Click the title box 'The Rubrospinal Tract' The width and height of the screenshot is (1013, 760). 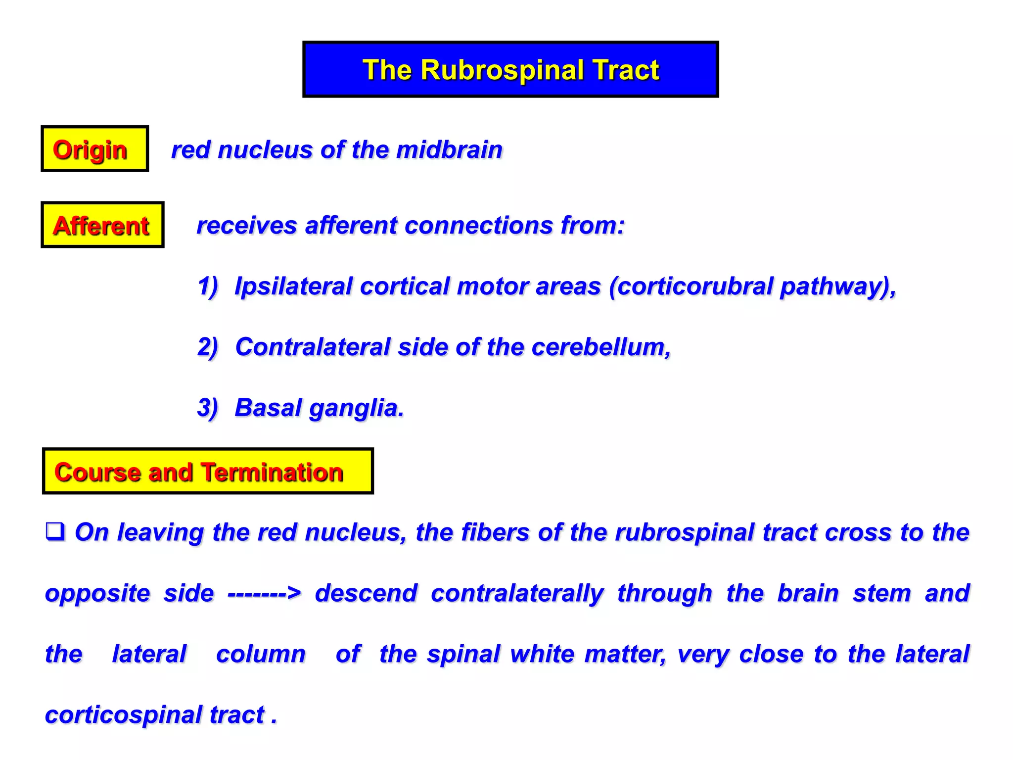click(x=510, y=69)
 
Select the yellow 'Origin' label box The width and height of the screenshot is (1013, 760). click(x=94, y=149)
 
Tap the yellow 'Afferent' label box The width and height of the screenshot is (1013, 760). click(x=102, y=225)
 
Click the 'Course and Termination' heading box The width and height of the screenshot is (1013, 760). click(x=208, y=472)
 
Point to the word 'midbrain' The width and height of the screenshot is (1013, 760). click(x=449, y=150)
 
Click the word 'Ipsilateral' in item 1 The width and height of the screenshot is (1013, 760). click(x=293, y=286)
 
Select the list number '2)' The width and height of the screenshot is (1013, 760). click(x=208, y=347)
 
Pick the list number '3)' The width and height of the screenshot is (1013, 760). click(x=208, y=408)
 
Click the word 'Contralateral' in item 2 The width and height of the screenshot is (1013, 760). click(x=313, y=347)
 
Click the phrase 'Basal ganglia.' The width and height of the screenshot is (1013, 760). click(x=319, y=408)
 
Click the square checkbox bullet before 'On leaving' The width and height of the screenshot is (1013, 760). click(x=55, y=531)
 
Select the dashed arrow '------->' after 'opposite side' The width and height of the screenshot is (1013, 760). click(x=264, y=593)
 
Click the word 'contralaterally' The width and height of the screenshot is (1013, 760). click(x=517, y=593)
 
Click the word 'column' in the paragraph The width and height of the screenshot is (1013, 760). click(x=261, y=654)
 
